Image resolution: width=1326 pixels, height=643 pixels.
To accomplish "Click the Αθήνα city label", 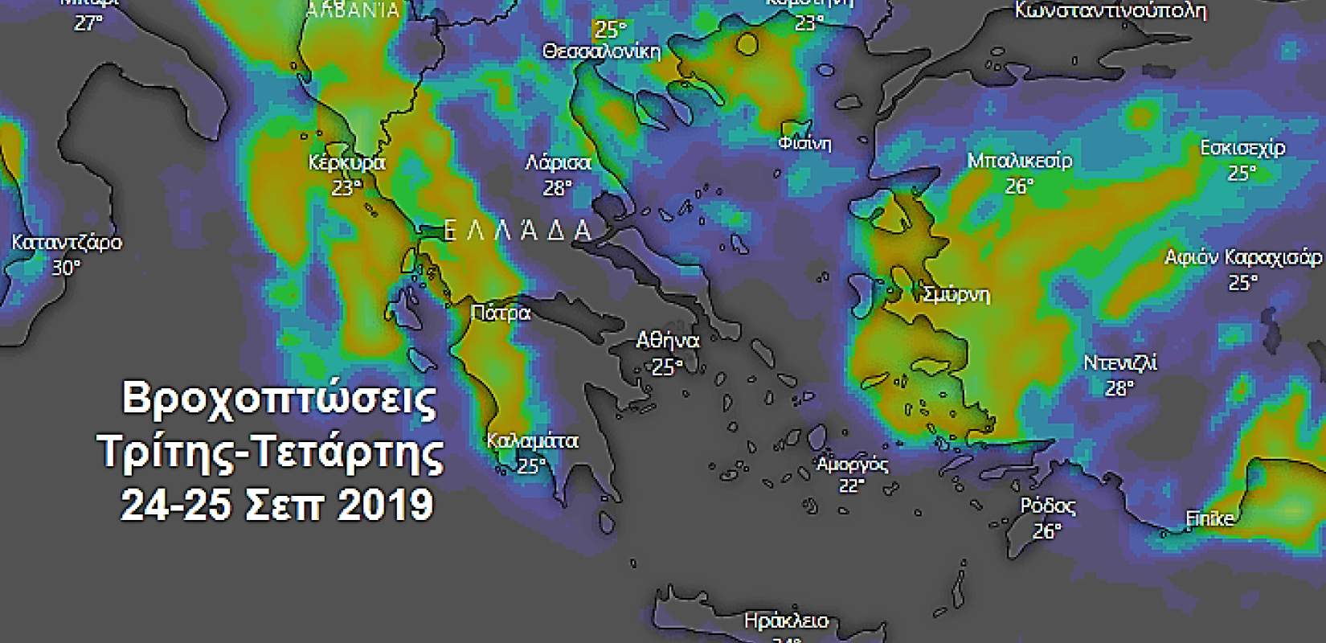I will tap(667, 341).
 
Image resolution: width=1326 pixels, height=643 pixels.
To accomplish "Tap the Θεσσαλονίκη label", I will tap(601, 52).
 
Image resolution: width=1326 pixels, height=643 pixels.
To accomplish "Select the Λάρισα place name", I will tap(558, 163).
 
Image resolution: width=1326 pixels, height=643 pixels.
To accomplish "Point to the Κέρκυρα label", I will tap(346, 163).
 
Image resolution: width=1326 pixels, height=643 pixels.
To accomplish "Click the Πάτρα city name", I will tap(500, 313).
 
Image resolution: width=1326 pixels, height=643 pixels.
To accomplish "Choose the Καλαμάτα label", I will tap(532, 441).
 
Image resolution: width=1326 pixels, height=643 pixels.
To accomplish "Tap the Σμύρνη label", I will tap(956, 295).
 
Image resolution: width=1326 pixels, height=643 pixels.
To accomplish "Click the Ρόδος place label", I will tap(1047, 506).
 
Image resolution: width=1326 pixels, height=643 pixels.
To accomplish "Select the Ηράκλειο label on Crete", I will tap(785, 621).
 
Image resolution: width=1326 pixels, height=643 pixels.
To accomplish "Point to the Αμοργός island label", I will tap(852, 465).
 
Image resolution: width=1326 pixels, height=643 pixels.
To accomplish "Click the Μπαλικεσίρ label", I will tap(1019, 161).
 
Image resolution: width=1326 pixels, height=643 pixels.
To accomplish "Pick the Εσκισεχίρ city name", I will tap(1242, 149).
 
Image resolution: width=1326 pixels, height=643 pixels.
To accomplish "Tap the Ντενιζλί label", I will tap(1119, 363).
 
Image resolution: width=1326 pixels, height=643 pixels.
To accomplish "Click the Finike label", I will tap(1209, 519).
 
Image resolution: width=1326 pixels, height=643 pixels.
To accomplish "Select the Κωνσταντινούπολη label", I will tap(1110, 10).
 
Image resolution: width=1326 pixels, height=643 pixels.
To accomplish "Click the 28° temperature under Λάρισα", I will tap(557, 188).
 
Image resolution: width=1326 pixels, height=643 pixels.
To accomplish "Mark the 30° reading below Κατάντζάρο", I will tap(66, 268).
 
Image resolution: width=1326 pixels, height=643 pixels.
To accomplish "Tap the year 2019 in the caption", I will tap(386, 506).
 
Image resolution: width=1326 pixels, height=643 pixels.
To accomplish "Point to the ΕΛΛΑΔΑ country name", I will tap(518, 231).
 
